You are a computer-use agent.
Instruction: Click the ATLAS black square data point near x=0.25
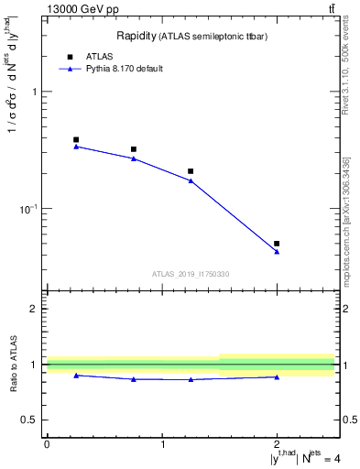coord(76,140)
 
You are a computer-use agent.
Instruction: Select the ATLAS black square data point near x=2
coord(277,244)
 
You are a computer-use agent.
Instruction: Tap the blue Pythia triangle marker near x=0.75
coord(134,158)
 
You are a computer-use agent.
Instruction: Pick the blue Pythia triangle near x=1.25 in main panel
coord(191,180)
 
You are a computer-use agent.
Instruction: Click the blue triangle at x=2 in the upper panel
coord(277,252)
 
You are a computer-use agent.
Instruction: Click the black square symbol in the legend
coord(68,56)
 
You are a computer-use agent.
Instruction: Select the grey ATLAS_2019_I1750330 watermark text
coord(191,274)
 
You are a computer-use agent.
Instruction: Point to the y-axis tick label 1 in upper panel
coord(35,92)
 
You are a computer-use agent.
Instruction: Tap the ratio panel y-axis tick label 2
coord(35,309)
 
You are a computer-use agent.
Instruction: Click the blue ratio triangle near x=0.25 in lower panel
coord(76,376)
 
